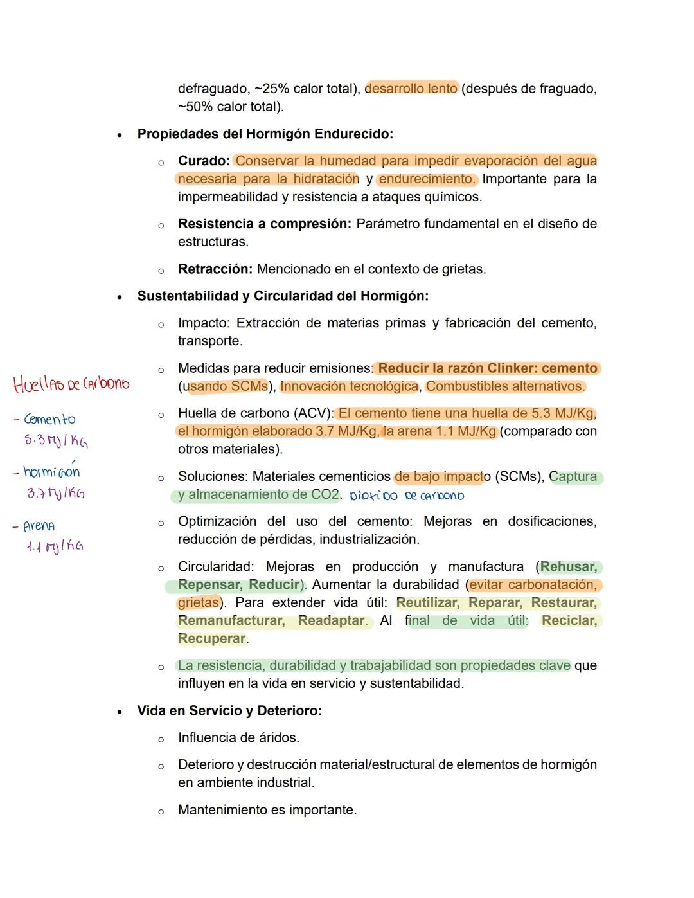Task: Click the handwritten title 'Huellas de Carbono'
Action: (71, 384)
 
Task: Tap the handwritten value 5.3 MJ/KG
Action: (57, 441)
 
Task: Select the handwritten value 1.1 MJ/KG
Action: (55, 546)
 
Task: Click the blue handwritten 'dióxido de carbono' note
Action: (407, 496)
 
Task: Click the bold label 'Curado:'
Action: (204, 161)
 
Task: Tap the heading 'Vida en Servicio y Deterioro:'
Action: (229, 710)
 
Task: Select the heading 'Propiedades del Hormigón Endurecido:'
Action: (265, 134)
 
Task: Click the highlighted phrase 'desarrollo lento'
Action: (411, 88)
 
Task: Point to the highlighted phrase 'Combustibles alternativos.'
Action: (506, 386)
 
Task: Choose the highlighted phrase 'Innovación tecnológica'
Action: (349, 386)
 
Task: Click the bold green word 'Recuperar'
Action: (212, 638)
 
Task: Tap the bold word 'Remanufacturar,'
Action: (231, 620)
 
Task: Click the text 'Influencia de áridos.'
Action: (238, 737)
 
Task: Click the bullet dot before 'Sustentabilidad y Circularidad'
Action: (120, 297)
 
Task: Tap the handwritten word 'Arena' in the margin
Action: (39, 526)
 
